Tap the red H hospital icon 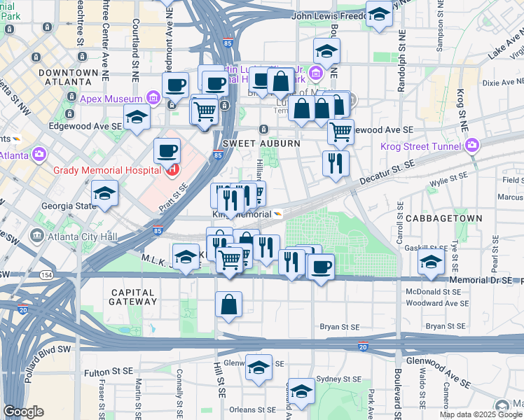[170, 169]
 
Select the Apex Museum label [111, 98]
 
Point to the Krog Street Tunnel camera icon [472, 146]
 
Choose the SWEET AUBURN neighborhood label [261, 143]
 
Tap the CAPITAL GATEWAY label [133, 296]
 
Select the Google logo [23, 412]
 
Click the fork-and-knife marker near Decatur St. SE [336, 163]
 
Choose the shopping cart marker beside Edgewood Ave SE [340, 131]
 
